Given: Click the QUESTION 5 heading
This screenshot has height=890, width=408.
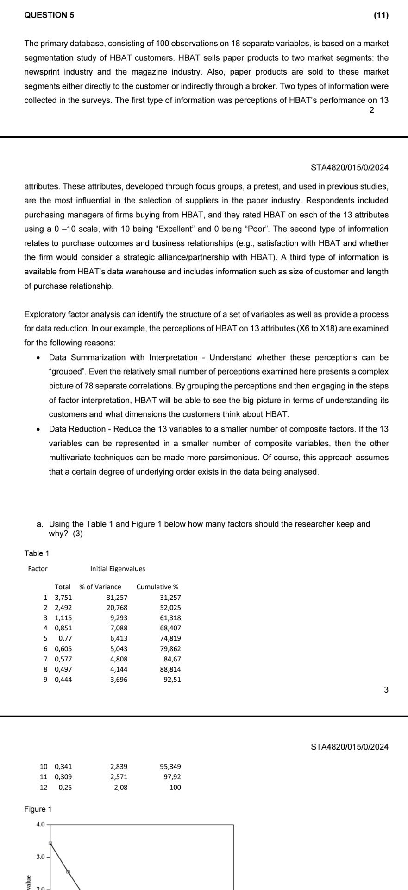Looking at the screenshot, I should [x=49, y=15].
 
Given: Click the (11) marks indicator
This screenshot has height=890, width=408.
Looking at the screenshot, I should [x=381, y=15].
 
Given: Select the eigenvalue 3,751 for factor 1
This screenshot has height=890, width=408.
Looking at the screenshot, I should [x=63, y=598].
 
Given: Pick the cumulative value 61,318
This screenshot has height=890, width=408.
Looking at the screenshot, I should [x=170, y=618].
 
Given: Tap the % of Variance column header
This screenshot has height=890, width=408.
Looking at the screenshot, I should [x=100, y=587].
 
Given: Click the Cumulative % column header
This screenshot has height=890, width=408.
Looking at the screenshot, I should [x=157, y=587].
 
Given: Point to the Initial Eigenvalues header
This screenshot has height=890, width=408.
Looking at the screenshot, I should [x=118, y=569].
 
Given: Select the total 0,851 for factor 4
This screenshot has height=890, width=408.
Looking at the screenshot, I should [x=63, y=628].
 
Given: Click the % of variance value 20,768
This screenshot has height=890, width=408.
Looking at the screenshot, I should [x=117, y=608].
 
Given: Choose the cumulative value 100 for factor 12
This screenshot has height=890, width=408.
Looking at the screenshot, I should [x=175, y=787].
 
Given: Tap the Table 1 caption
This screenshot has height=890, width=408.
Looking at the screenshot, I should [x=37, y=553].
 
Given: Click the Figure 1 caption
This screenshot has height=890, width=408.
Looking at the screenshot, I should [x=38, y=809].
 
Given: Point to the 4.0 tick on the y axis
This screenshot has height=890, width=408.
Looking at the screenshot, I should [x=40, y=825].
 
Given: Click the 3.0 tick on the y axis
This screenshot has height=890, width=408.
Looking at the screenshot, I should [x=40, y=857].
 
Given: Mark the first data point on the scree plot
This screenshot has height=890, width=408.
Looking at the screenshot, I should [x=50, y=843].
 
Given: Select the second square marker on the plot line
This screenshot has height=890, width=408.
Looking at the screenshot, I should [x=68, y=871].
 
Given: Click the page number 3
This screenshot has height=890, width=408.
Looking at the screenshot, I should [x=386, y=690].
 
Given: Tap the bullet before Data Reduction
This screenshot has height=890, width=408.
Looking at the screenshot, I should [x=38, y=429].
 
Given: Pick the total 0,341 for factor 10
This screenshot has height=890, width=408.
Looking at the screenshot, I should [x=63, y=767].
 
